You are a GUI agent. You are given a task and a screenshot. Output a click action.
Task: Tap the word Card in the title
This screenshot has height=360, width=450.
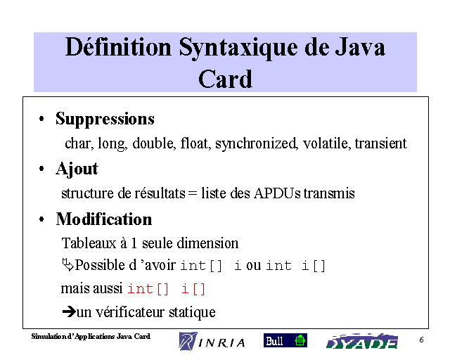tap(225, 79)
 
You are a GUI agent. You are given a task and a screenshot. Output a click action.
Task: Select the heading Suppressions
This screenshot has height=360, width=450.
tap(105, 119)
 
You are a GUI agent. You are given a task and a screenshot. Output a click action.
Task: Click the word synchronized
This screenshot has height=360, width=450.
tap(256, 143)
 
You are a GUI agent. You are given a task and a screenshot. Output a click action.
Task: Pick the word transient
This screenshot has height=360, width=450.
tap(381, 143)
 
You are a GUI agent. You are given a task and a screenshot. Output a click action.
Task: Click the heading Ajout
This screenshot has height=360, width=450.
tap(77, 169)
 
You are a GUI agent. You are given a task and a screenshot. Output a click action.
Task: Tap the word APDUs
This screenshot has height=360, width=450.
tap(277, 193)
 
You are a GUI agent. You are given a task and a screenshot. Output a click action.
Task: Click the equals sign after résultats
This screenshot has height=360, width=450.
tap(193, 194)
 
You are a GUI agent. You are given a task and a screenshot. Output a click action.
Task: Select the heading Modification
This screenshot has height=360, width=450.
tap(104, 219)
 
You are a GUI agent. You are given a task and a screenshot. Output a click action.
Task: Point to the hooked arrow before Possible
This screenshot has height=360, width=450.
tap(67, 264)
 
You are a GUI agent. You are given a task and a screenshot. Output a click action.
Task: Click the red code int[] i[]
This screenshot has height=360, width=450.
tap(167, 289)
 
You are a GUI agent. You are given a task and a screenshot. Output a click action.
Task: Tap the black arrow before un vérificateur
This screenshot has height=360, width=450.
tap(69, 311)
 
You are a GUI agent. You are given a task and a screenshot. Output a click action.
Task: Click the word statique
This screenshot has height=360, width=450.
tap(192, 312)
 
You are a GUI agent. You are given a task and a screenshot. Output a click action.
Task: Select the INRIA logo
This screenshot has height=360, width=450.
tap(212, 341)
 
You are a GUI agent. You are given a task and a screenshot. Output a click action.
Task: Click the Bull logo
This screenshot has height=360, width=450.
tap(285, 340)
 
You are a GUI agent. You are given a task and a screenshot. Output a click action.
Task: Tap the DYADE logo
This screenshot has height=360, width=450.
tap(362, 341)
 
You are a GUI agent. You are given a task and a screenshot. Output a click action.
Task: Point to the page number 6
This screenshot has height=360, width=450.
tap(421, 340)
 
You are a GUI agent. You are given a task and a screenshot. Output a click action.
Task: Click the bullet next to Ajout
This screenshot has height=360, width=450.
tap(41, 169)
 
